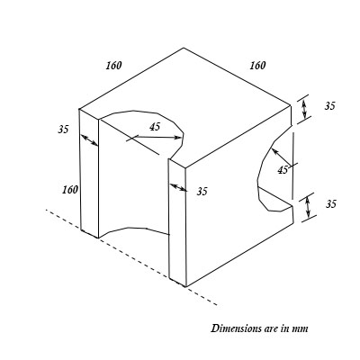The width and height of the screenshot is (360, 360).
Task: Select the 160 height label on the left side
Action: point(69,190)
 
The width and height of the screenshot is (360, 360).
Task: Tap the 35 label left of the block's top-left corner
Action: point(63,130)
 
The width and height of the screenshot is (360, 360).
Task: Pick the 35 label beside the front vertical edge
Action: point(202,191)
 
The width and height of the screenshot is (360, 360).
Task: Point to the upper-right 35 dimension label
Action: point(329,106)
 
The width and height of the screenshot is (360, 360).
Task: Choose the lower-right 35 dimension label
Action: point(329,204)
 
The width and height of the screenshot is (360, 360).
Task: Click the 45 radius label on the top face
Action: point(155,127)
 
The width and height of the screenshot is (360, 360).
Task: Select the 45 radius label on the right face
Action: point(283,168)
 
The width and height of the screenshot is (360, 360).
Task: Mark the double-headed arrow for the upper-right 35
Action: point(306,109)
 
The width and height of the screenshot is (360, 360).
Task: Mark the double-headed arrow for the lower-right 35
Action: point(309,206)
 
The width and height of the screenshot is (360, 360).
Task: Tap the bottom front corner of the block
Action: point(186,286)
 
